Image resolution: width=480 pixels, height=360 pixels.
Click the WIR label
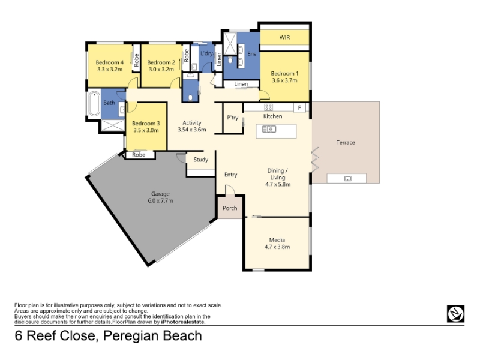(284, 37)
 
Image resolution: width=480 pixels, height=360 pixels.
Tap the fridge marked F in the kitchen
(299, 108)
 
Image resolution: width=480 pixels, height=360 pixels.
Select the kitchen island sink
(269, 129)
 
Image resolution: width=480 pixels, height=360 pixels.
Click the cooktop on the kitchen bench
(268, 107)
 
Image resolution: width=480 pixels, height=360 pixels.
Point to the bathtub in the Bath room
(94, 103)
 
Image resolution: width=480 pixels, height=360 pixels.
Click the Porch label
(230, 208)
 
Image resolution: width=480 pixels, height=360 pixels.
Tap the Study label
(201, 160)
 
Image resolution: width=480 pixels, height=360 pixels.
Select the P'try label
(233, 118)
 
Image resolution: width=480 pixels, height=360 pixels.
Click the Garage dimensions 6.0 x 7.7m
(160, 201)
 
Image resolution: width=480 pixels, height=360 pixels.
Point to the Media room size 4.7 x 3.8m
(277, 247)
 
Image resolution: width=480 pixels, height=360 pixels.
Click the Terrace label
(346, 142)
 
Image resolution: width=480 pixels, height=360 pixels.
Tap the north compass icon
(455, 314)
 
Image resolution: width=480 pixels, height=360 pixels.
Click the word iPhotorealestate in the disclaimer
(183, 322)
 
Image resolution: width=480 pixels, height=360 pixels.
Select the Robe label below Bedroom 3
(139, 155)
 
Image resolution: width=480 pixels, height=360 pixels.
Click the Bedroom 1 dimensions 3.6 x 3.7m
(284, 80)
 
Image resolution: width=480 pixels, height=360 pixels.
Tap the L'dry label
(206, 53)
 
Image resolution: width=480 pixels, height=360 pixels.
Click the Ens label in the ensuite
(251, 54)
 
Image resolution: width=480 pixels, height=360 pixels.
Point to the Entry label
(231, 175)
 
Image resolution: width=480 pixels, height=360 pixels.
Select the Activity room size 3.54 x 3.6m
(192, 130)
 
